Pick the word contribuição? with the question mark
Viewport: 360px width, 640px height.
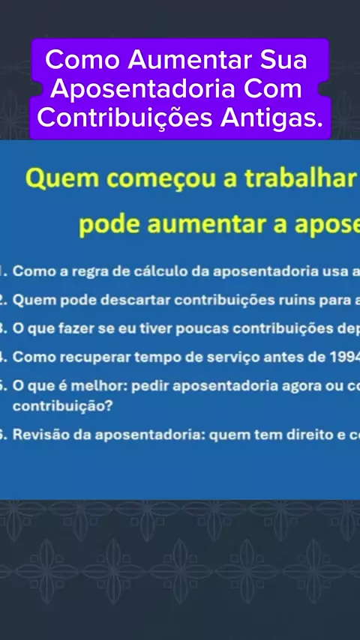(62, 406)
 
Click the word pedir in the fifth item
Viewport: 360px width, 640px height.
(149, 386)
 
